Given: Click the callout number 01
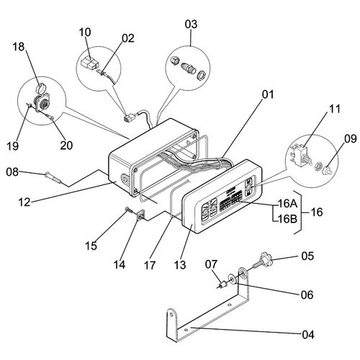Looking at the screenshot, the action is tap(268, 94).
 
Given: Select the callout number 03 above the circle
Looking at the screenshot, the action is tap(191, 24).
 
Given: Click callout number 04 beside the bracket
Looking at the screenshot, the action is tap(308, 335).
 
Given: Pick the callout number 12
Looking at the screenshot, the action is tap(24, 202).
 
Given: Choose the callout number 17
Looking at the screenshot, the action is tap(150, 265).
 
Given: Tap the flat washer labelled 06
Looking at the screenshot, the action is tap(232, 279).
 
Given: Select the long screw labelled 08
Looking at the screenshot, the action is tap(53, 177).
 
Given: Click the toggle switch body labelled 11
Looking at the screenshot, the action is tap(300, 156).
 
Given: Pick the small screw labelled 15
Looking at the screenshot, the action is tap(129, 211).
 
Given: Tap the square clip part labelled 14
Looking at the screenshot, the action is tap(140, 215).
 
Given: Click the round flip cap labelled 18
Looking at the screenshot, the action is tap(40, 89).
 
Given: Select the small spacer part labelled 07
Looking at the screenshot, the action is tap(224, 285).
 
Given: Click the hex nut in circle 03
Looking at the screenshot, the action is tap(174, 60).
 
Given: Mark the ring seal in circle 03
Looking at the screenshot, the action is tap(200, 75).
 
